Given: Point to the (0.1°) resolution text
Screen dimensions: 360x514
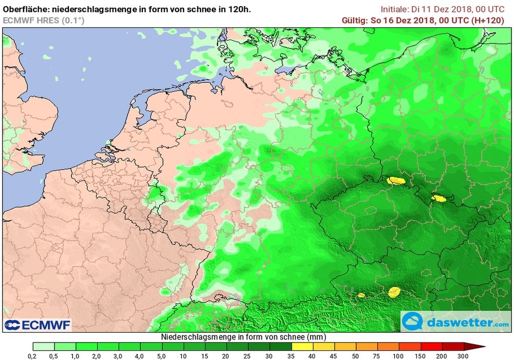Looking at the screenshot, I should (73, 20).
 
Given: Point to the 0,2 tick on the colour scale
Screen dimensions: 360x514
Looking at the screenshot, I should (32, 355).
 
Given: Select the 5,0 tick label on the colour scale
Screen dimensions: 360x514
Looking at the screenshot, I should (160, 355).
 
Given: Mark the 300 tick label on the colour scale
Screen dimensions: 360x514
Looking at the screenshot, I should (463, 355).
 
